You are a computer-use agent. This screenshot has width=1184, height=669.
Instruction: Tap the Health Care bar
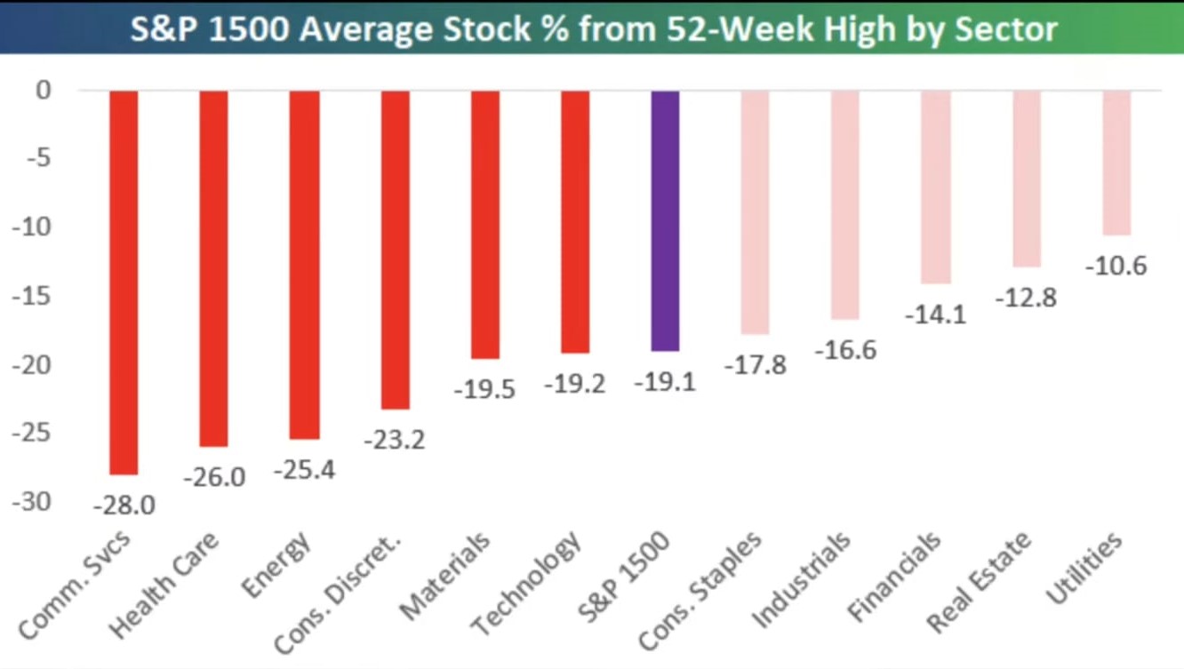[213, 267]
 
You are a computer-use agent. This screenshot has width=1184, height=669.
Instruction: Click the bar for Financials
[935, 187]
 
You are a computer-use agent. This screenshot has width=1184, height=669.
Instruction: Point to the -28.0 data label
[124, 506]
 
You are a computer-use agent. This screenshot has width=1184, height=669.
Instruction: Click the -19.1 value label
[665, 382]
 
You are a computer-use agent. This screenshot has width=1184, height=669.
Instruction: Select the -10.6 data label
[1116, 266]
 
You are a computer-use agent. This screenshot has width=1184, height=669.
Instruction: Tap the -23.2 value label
[395, 439]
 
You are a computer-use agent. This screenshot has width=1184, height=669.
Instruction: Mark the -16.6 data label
[845, 350]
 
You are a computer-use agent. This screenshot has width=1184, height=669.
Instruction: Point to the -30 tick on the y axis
[32, 502]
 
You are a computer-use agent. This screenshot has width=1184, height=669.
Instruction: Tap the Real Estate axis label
[980, 581]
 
